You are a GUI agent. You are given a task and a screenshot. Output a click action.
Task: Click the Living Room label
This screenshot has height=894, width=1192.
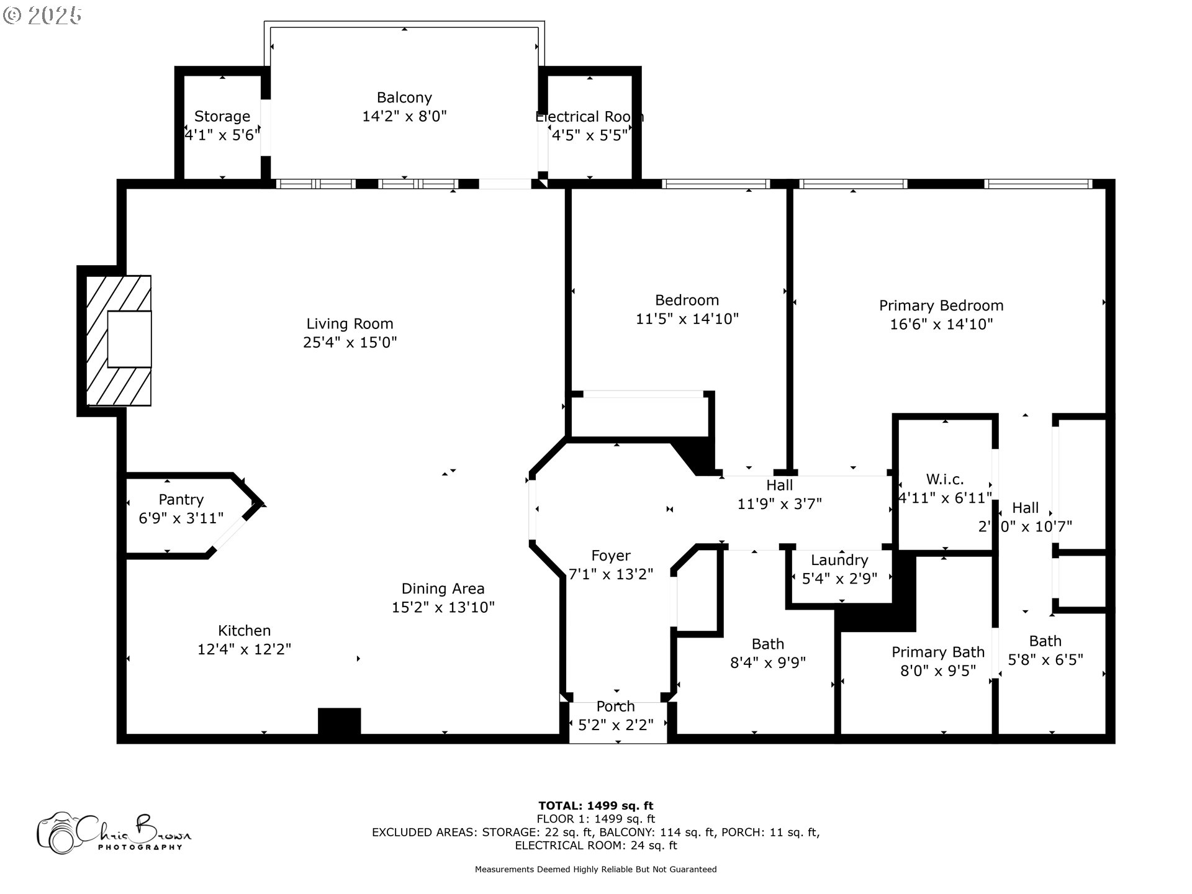[x=350, y=323]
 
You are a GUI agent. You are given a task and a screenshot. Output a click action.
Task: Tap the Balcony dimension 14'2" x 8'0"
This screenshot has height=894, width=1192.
[x=404, y=116]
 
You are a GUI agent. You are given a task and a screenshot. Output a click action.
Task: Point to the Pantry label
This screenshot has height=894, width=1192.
[x=181, y=500]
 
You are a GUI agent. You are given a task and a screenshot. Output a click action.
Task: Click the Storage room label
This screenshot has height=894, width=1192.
[x=222, y=116]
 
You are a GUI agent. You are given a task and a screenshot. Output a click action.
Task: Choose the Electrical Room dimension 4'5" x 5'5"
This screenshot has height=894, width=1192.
[x=590, y=135]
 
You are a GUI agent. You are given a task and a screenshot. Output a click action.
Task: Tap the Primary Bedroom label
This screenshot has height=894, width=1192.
[x=941, y=305]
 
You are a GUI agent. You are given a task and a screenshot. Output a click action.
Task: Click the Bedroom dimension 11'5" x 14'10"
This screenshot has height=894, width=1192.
[x=687, y=319]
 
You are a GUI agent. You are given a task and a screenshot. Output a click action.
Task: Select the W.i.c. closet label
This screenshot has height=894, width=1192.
[x=944, y=479]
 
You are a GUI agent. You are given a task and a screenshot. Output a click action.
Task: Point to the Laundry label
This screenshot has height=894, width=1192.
[x=839, y=560]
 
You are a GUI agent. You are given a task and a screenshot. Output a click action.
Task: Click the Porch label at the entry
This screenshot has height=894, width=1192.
[x=615, y=707]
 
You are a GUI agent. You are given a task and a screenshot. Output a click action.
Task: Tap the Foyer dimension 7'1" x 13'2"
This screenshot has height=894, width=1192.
[x=611, y=574]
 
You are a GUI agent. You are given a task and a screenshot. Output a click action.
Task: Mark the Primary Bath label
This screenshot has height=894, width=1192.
[x=937, y=652]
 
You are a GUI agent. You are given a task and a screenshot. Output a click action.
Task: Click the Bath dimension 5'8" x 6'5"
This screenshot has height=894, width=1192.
[x=1045, y=660]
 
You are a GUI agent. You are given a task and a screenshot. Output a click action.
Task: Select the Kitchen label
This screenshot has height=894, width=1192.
[x=244, y=631]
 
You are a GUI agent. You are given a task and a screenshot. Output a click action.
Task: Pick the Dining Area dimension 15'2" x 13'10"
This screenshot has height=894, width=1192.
[x=443, y=607]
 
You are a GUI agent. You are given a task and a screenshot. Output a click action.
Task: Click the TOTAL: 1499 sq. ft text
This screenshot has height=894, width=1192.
[x=595, y=806]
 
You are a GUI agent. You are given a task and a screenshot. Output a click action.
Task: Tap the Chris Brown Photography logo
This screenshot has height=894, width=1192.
[x=114, y=832]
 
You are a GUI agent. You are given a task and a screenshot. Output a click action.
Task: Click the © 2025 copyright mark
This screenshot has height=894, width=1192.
[x=42, y=16]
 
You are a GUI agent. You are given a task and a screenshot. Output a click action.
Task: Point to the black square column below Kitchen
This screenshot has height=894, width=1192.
[x=339, y=721]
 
